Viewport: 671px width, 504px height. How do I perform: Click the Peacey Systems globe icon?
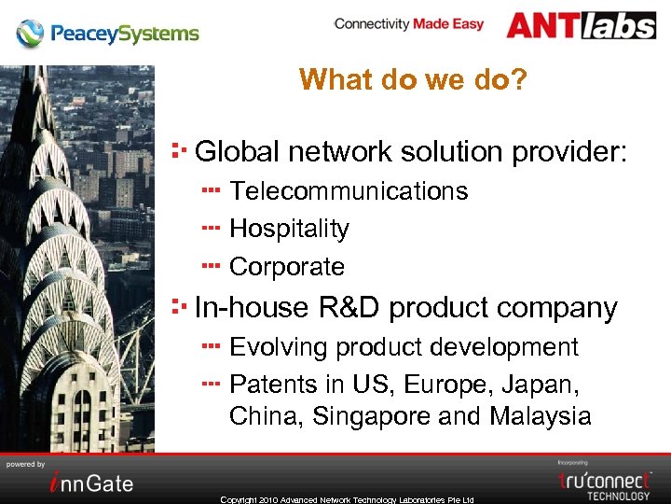pos(30,34)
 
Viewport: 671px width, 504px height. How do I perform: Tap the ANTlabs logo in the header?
pos(581,25)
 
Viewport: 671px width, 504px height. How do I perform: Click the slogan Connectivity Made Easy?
pos(408,23)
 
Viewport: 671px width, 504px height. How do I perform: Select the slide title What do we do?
pos(413,79)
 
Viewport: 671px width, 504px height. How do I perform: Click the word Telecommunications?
pos(349,191)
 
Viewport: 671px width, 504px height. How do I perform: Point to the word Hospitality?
pos(289,229)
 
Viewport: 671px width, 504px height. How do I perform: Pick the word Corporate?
pos(287,267)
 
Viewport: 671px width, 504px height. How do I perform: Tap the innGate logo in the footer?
pos(91,483)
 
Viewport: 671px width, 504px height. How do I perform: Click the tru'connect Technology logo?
pos(604,483)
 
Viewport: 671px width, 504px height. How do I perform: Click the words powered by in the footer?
pos(25,464)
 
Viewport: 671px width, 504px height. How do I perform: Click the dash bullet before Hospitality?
pos(210,228)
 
